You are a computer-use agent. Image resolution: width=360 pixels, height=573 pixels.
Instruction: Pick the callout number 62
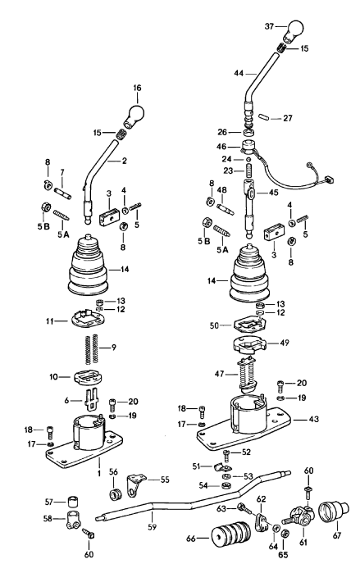click(x=261, y=498)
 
